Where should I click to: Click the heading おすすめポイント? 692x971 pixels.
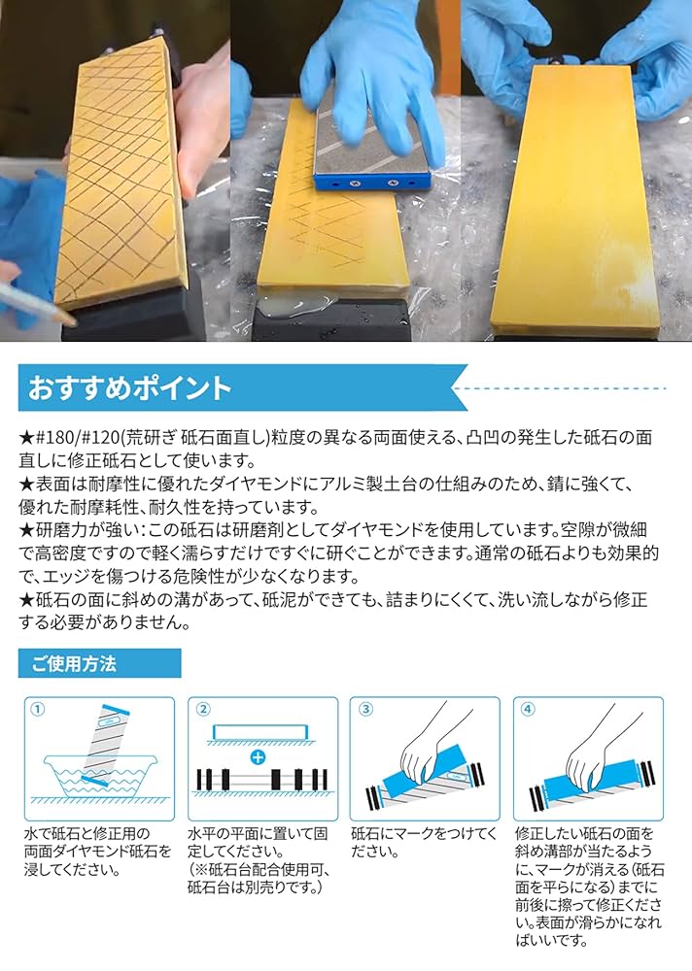point(130,388)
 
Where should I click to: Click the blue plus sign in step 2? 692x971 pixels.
point(257,755)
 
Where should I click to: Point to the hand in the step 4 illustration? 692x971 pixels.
point(593,743)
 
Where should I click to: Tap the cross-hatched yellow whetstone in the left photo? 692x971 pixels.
point(121,175)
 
